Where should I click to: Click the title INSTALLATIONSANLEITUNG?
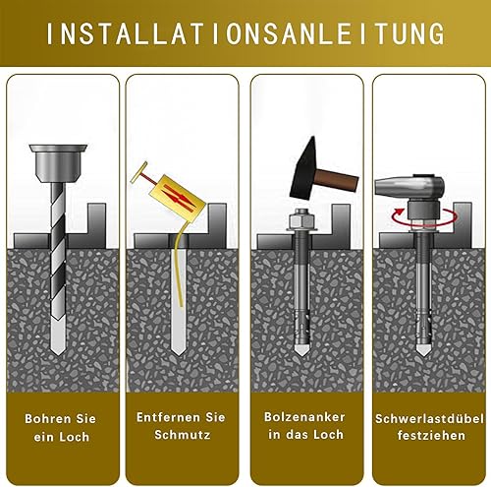[x=245, y=33]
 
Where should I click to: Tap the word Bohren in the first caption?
[x=48, y=419]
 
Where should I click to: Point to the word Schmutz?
[x=183, y=435]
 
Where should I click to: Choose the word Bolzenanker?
[x=304, y=417]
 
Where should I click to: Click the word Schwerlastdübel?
[x=429, y=419]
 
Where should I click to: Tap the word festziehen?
[x=431, y=436]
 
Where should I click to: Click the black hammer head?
[x=303, y=170]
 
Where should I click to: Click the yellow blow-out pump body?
[x=177, y=198]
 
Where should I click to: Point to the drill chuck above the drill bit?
[x=58, y=163]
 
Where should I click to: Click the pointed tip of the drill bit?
[x=59, y=354]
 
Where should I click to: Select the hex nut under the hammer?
[x=300, y=218]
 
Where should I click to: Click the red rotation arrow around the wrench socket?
[x=424, y=216]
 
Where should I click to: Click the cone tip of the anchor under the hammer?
[x=300, y=350]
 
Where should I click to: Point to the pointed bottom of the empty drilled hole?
[x=178, y=353]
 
